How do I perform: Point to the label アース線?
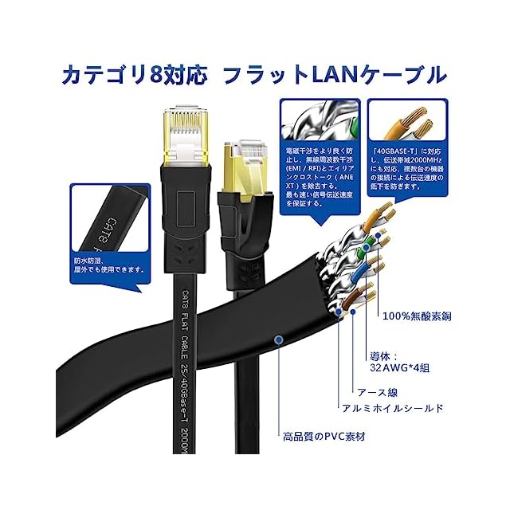(x=379, y=392)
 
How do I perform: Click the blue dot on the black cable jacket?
(x=277, y=340)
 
